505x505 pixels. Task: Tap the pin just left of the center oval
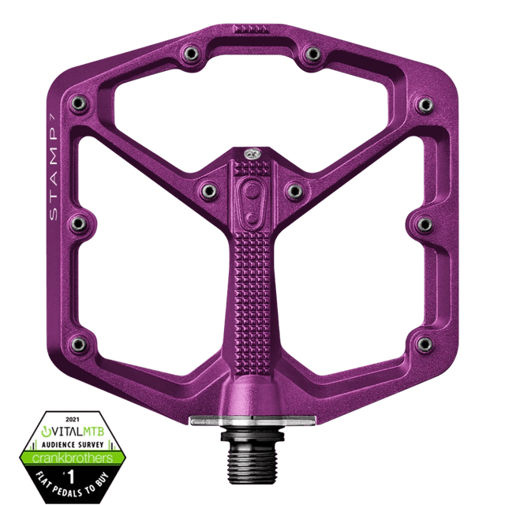point(208,189)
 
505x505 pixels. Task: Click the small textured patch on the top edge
point(253,28)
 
